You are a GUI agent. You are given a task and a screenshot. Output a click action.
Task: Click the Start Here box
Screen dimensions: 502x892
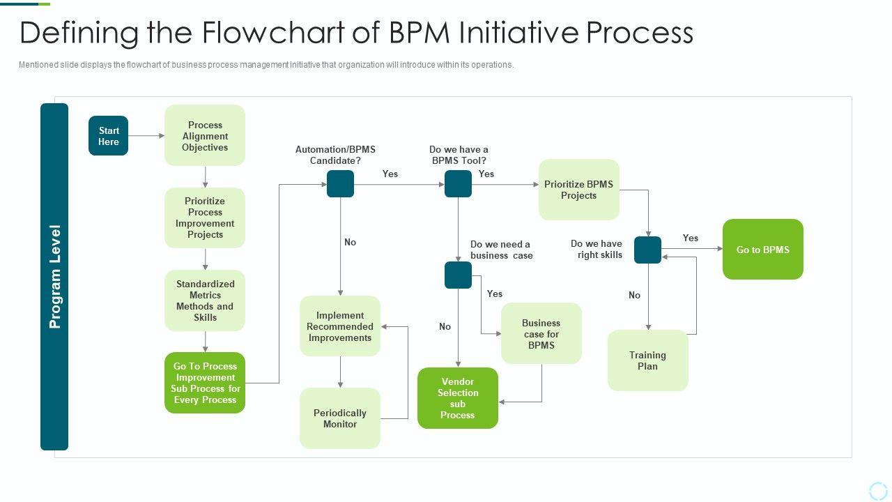coord(108,136)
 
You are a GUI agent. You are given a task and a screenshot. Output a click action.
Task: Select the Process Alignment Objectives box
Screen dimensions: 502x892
coord(205,136)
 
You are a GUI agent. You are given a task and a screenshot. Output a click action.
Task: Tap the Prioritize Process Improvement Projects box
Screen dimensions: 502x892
coord(205,218)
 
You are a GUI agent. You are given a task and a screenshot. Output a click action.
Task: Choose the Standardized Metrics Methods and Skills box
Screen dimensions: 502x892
coord(205,301)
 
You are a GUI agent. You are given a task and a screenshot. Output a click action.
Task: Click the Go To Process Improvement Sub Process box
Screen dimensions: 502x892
coord(205,383)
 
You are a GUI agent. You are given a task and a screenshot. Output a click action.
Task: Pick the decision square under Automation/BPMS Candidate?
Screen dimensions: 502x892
coord(340,184)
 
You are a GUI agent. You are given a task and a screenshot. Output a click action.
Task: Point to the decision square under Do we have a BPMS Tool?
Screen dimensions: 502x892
coord(458,184)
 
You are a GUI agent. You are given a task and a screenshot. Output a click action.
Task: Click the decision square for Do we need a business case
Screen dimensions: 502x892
coord(458,275)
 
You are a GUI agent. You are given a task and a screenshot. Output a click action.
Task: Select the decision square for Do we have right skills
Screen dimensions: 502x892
coord(647,250)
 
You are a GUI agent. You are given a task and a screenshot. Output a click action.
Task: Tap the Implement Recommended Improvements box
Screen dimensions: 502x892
coord(340,326)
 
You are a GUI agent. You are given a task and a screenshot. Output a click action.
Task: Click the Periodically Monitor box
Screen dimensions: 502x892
coord(340,418)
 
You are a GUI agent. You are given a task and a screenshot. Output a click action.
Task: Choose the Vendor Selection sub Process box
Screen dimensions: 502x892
coord(458,398)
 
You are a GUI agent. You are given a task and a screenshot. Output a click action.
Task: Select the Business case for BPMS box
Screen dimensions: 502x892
coord(541,333)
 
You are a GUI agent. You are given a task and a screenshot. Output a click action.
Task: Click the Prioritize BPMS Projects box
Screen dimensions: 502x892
coord(578,190)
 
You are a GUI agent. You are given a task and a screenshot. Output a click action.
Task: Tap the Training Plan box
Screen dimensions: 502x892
coord(647,360)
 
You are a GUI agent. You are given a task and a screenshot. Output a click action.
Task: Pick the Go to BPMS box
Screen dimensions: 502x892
coord(762,250)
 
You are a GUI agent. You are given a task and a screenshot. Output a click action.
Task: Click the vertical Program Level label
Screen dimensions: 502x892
coord(54,277)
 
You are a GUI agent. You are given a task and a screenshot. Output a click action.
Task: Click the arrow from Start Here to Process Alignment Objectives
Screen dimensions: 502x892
coord(146,136)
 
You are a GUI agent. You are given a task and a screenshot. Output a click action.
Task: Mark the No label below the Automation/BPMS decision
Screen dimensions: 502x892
coord(350,242)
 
